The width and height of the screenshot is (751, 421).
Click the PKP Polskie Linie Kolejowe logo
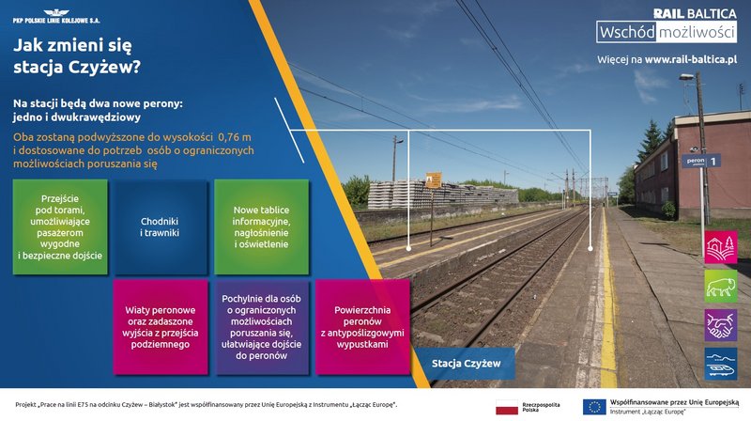click(56, 16)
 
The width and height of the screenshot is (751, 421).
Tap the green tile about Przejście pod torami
click(60, 226)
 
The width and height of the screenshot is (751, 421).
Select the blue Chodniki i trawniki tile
click(160, 226)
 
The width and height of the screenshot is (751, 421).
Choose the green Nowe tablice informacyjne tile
click(261, 226)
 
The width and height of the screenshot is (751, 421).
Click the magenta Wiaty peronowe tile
click(161, 327)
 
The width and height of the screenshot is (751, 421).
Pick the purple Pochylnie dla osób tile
click(262, 327)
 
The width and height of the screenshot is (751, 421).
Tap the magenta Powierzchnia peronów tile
click(362, 327)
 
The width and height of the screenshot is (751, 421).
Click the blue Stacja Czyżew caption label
click(466, 364)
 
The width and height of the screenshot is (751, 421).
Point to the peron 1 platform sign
click(701, 161)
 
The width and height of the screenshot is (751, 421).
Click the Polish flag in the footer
click(507, 408)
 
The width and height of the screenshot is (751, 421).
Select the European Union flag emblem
click(594, 407)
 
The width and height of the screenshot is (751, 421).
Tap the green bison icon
click(721, 287)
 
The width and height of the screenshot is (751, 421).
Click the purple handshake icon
click(721, 325)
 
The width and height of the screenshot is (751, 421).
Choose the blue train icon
click(721, 364)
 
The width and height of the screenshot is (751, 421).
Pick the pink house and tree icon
click(721, 247)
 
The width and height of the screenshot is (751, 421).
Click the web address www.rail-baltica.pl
click(691, 60)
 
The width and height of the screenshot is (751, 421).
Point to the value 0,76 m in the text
click(234, 137)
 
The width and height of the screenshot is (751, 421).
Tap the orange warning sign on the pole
click(434, 180)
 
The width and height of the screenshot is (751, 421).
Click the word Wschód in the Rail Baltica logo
click(627, 32)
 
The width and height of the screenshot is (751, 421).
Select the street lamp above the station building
click(686, 77)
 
